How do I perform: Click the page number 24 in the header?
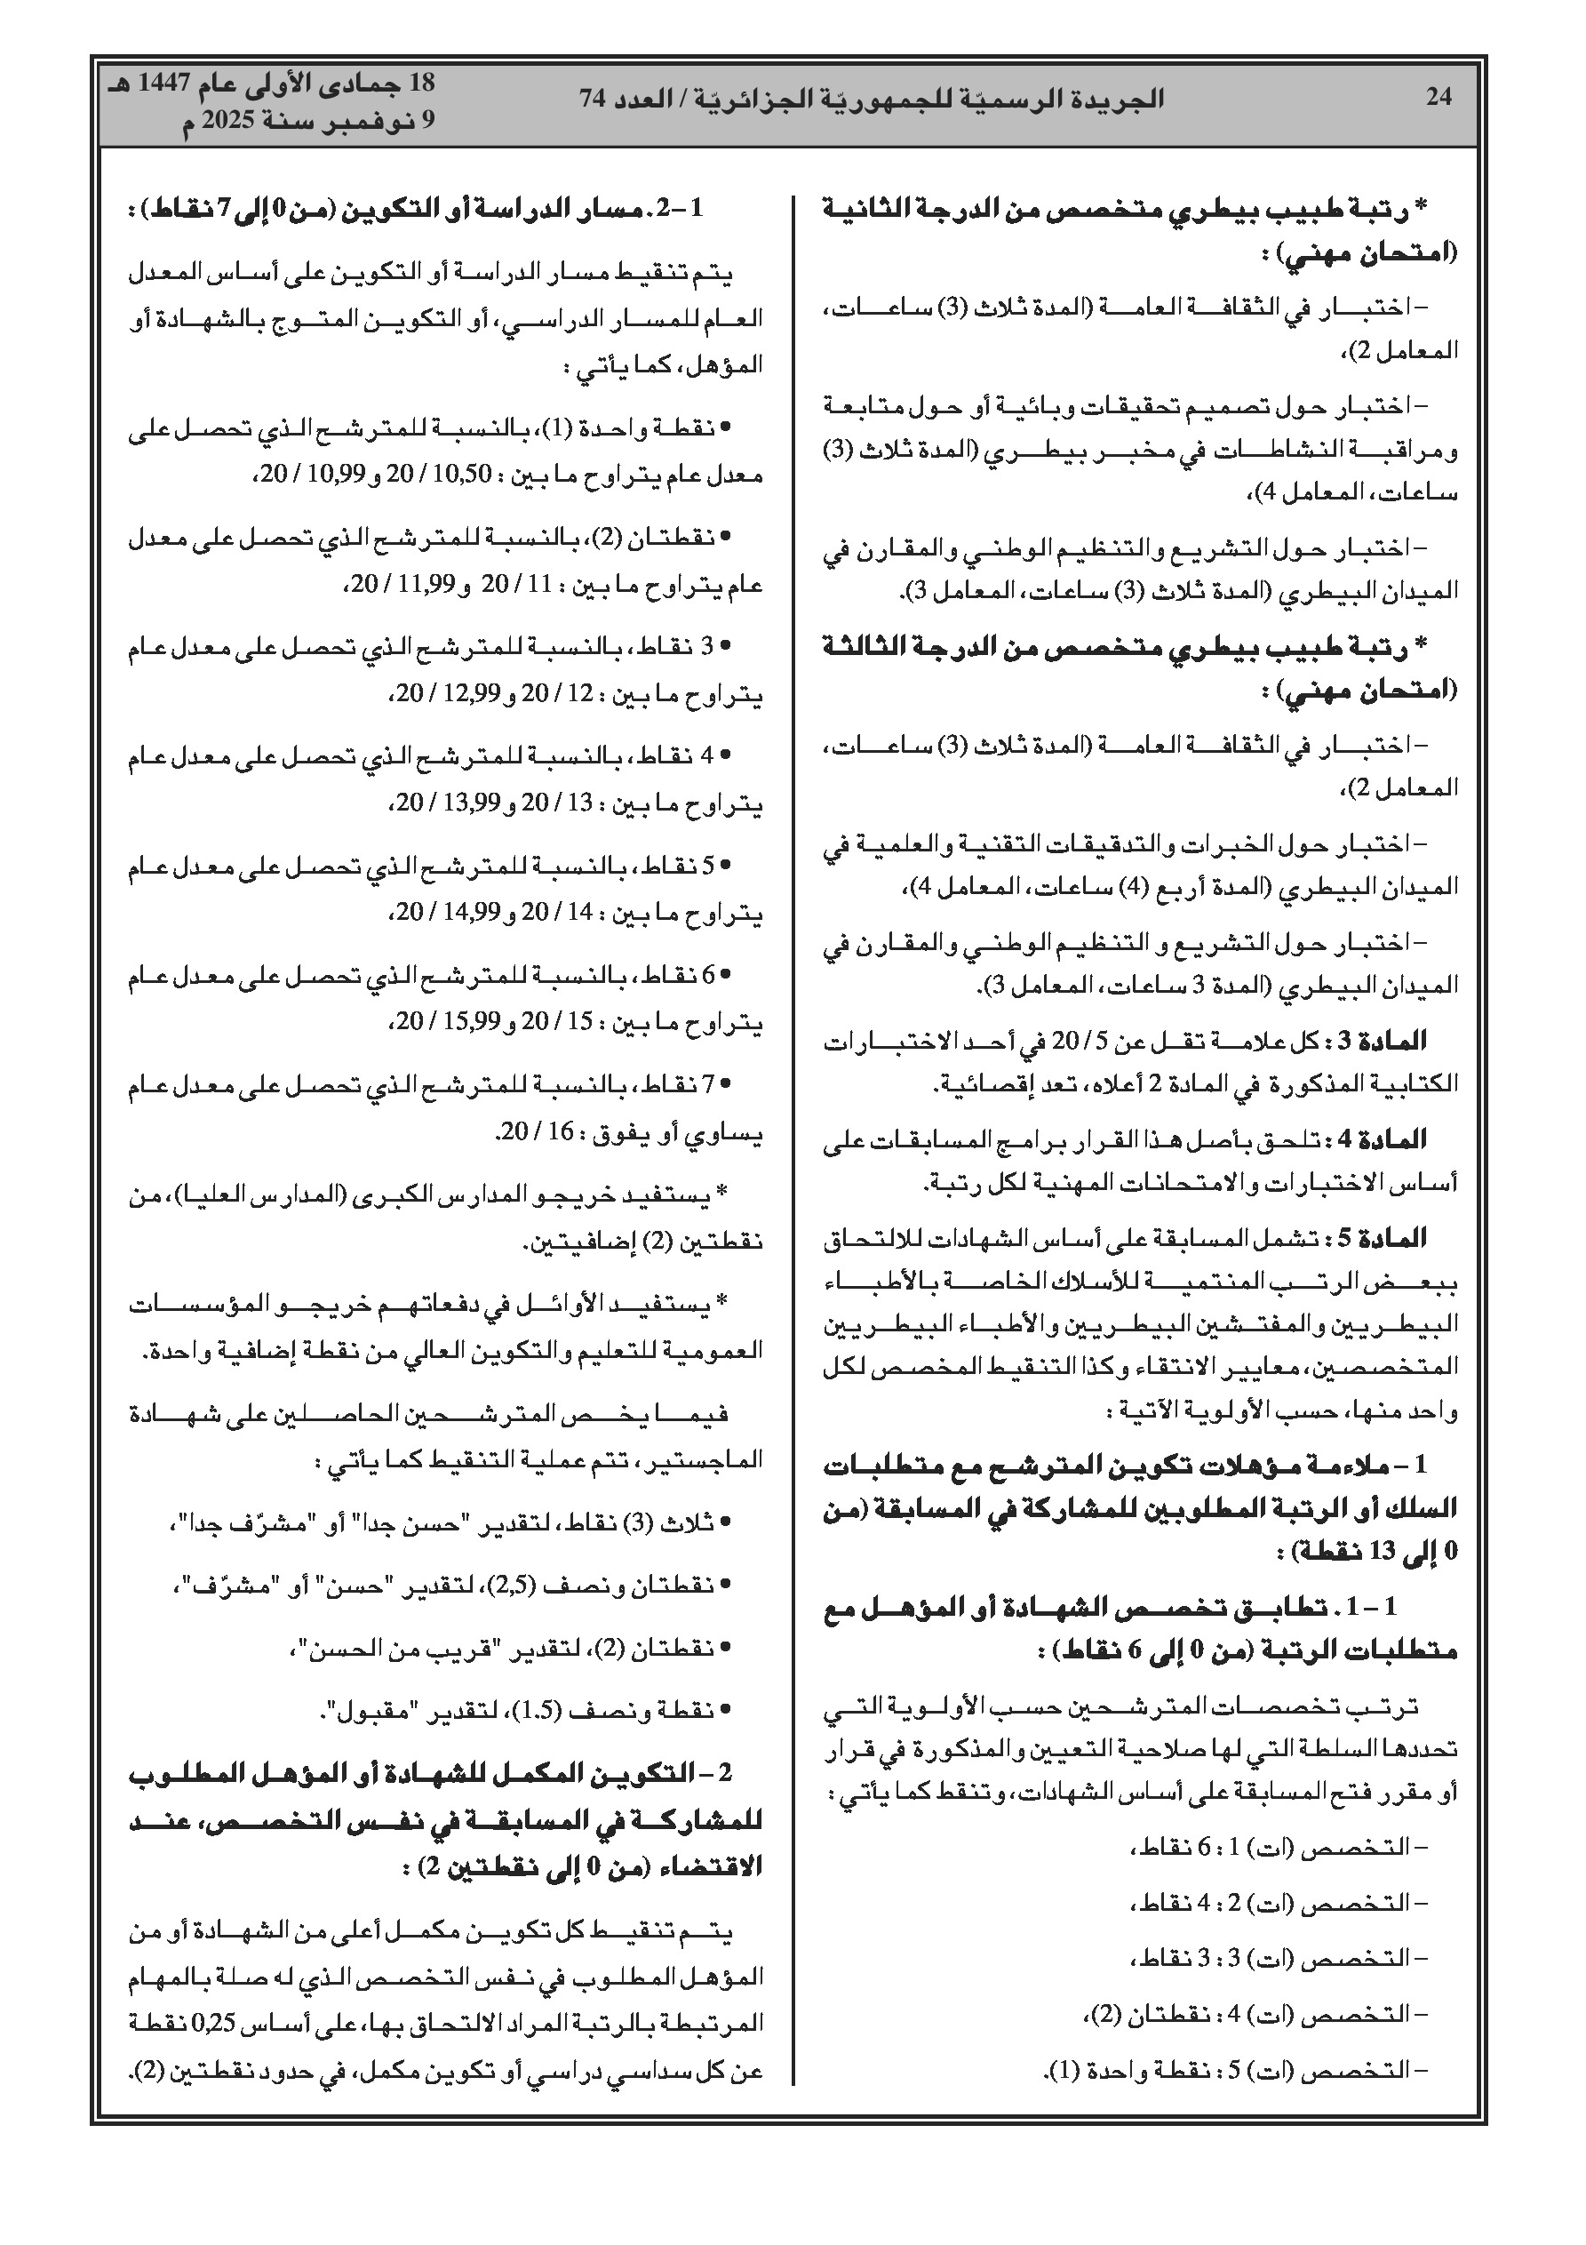pos(1439,98)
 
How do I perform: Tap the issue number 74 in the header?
pos(592,99)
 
